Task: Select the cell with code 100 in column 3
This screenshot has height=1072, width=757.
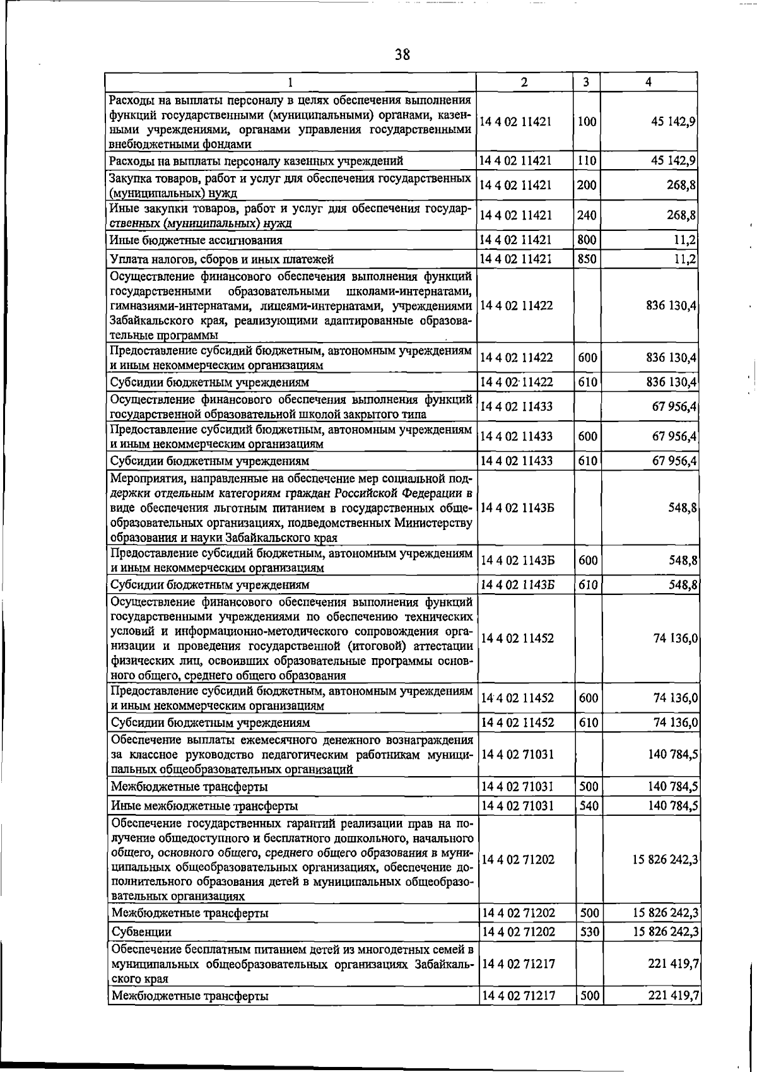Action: point(587,122)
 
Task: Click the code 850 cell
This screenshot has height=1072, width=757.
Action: point(587,259)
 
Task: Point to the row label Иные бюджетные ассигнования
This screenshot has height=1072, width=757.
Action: point(196,240)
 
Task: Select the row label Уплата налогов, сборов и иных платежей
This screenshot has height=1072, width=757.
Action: point(221,259)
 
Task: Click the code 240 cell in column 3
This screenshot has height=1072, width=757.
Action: point(587,215)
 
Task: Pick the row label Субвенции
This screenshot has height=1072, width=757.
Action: point(141,932)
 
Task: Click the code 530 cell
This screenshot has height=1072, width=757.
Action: point(589,932)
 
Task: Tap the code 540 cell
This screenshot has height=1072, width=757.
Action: point(589,806)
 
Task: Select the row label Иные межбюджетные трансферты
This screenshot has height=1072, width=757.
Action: point(204,806)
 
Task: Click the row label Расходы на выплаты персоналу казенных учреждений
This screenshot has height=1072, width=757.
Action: point(256,162)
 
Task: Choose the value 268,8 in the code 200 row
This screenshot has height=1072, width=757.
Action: point(681,185)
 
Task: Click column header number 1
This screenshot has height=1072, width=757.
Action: point(290,82)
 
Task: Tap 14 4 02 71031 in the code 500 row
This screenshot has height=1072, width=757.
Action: point(518,787)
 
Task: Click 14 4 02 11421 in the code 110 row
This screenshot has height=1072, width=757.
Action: point(516,161)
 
